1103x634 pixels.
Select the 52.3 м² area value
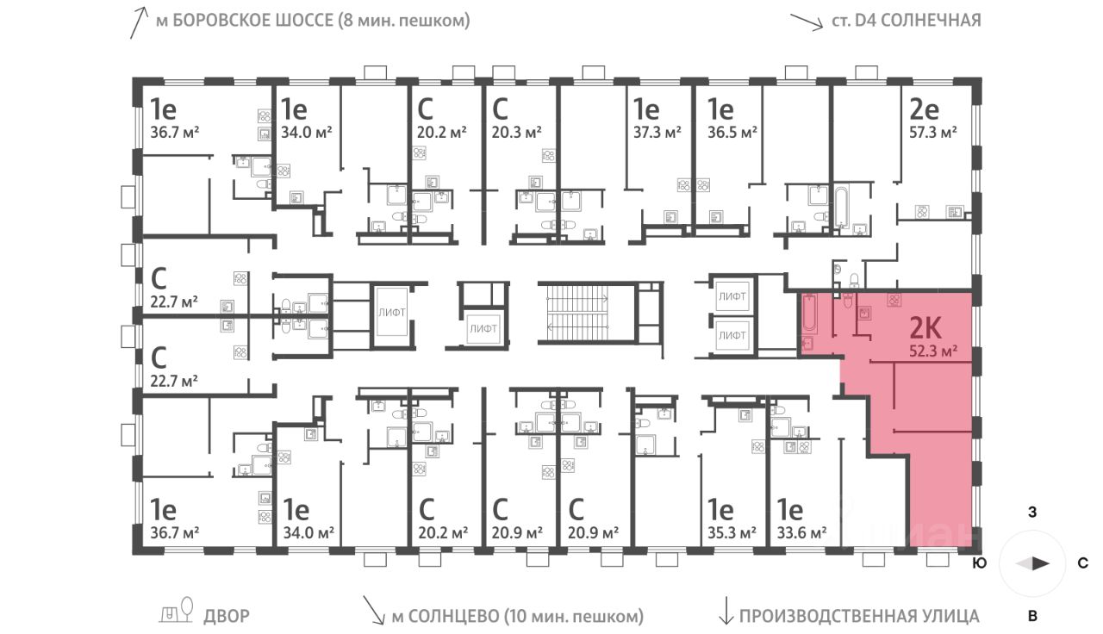(x=934, y=351)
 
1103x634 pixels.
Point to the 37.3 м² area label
(x=657, y=132)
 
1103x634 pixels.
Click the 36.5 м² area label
(x=732, y=132)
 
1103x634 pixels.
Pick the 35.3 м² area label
(x=732, y=531)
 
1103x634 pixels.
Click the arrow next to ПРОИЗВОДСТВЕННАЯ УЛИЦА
(x=725, y=612)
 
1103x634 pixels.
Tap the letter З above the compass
(x=1031, y=513)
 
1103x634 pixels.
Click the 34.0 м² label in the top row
(x=306, y=132)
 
